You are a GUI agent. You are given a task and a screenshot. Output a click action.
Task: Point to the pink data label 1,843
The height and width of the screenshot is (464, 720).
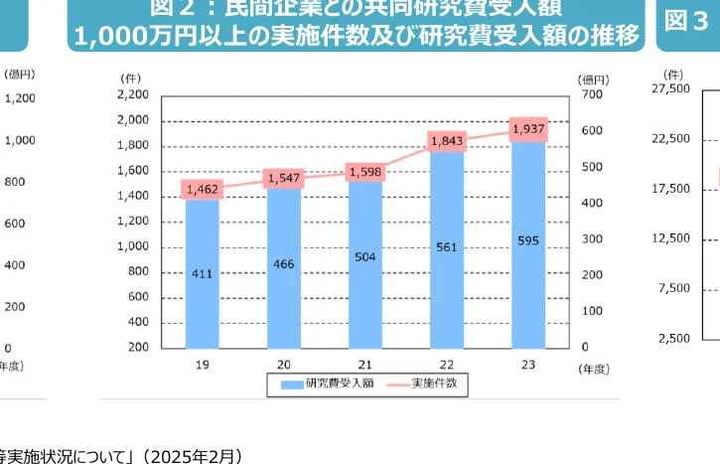[448, 141]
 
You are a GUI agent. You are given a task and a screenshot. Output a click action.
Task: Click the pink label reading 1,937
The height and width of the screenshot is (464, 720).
[529, 129]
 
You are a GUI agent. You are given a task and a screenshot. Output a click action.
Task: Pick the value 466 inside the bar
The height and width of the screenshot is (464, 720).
[284, 263]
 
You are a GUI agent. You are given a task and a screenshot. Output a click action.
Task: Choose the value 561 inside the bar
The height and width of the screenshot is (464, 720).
[448, 246]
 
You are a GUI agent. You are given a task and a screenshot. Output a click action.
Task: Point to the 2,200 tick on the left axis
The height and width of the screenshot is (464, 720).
[133, 94]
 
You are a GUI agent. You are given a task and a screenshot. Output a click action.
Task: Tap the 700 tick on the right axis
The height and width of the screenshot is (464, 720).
[592, 94]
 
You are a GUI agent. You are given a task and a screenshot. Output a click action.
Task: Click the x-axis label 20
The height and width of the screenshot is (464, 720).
[284, 365]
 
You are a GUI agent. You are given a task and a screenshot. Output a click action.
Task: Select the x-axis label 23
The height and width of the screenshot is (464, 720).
[529, 365]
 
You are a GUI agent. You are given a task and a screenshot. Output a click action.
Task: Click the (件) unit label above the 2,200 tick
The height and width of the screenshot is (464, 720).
[130, 77]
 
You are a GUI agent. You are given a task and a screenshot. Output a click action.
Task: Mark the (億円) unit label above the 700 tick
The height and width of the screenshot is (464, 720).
[593, 78]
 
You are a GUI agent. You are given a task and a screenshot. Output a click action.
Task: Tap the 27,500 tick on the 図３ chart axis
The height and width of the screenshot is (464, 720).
[669, 88]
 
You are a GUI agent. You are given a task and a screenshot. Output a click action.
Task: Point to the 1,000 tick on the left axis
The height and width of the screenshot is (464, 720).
[133, 246]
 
